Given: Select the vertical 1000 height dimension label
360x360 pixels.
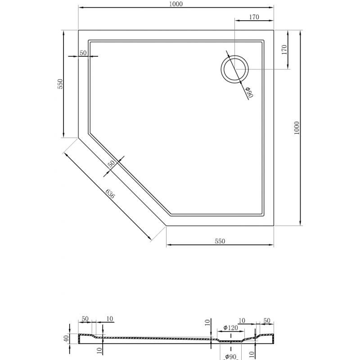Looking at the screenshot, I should pyautogui.click(x=296, y=128).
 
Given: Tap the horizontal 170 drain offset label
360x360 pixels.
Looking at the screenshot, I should pyautogui.click(x=254, y=18).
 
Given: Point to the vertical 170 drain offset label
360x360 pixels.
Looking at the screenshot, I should pyautogui.click(x=283, y=49).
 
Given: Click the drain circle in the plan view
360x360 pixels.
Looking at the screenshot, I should pyautogui.click(x=234, y=70).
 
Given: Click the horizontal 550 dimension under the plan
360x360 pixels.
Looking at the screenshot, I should pyautogui.click(x=220, y=241).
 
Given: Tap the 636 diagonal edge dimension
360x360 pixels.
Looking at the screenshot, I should pyautogui.click(x=110, y=194).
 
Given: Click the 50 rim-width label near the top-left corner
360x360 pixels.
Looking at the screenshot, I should pyautogui.click(x=83, y=53).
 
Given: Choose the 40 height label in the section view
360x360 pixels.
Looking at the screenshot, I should pyautogui.click(x=66, y=337).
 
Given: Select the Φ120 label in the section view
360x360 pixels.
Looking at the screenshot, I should pyautogui.click(x=230, y=328).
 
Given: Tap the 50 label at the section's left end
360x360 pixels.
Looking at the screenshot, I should pyautogui.click(x=85, y=319).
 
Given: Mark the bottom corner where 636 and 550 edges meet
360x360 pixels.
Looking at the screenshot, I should pyautogui.click(x=166, y=225).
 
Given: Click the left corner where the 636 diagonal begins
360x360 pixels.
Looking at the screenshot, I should pyautogui.click(x=78, y=137).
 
